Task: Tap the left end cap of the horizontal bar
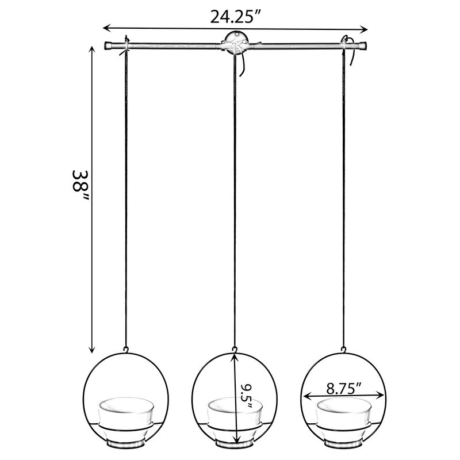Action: pyautogui.click(x=108, y=45)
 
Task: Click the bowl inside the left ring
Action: pyautogui.click(x=125, y=414)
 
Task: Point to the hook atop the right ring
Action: pyautogui.click(x=344, y=347)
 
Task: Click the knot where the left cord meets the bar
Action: pyautogui.click(x=125, y=46)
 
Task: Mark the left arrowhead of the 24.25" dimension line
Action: pyautogui.click(x=106, y=27)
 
